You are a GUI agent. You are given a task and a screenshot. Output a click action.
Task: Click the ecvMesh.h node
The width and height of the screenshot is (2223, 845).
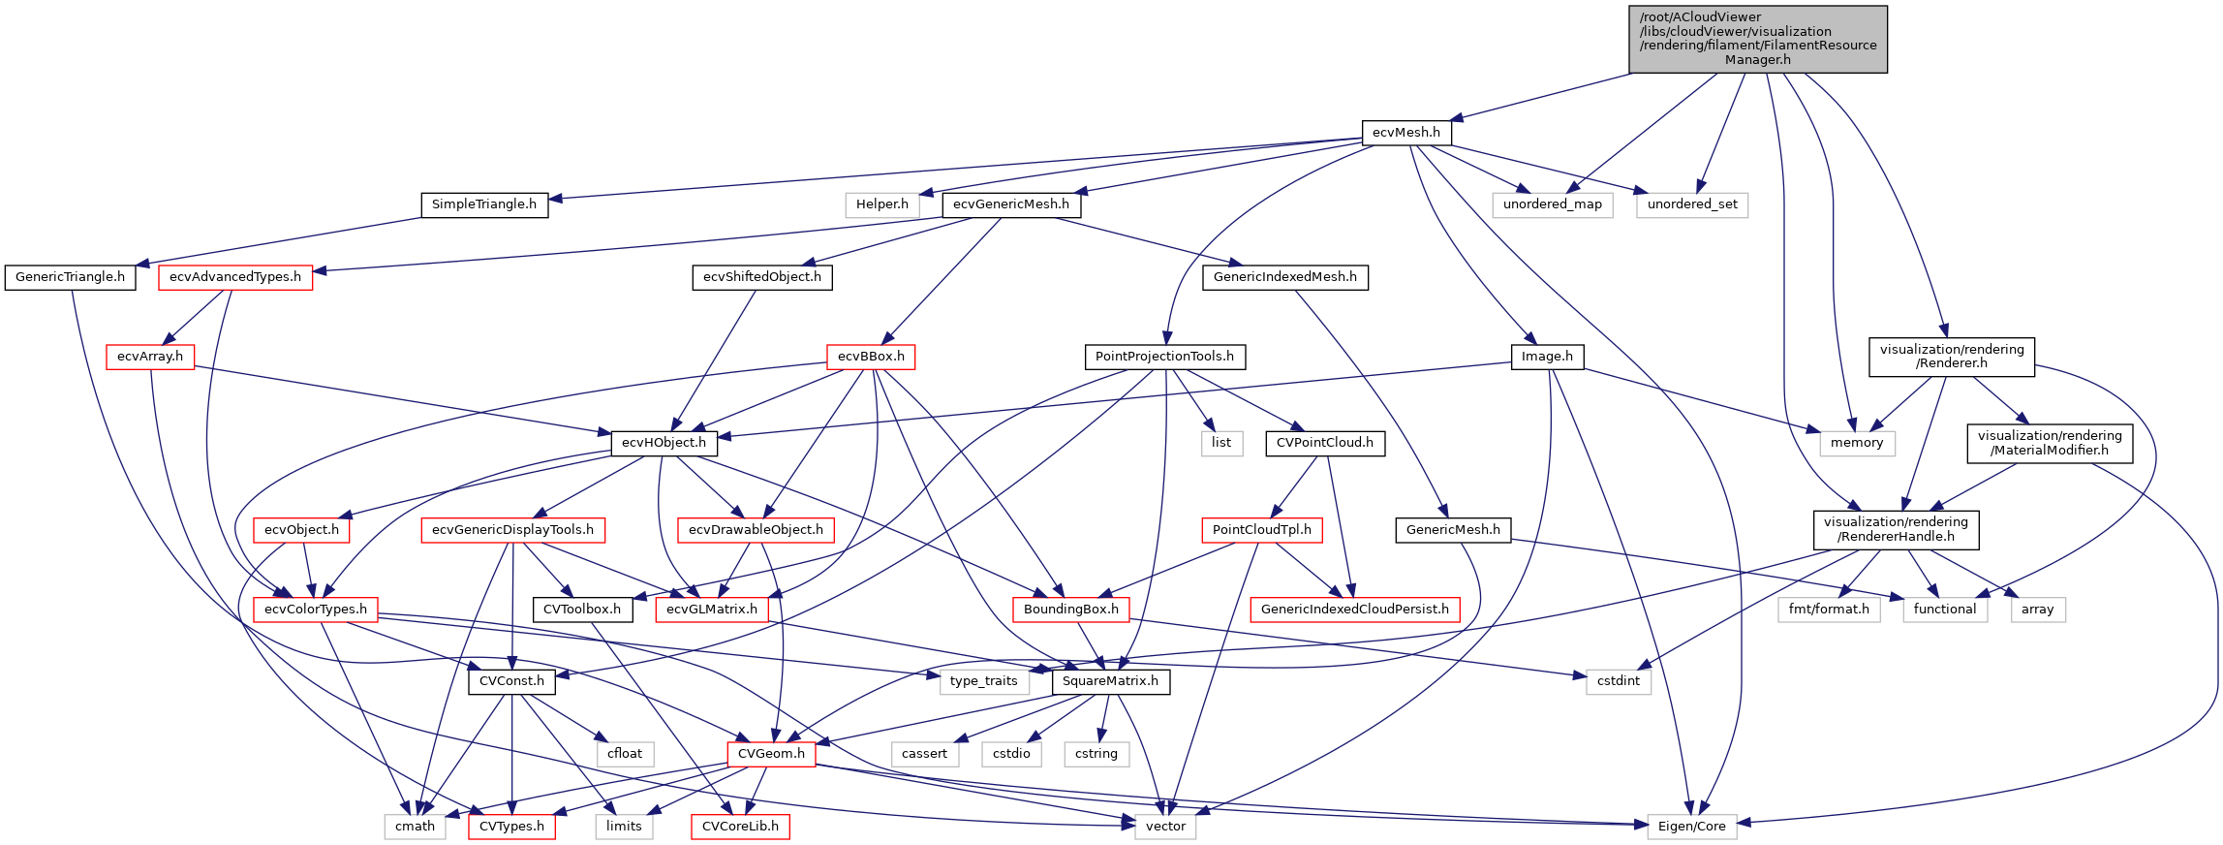click(1405, 133)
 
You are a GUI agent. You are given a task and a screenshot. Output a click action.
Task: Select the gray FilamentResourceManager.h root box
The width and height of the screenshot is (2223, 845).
click(1757, 39)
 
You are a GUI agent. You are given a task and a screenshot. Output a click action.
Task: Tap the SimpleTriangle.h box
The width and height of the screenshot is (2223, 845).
click(483, 204)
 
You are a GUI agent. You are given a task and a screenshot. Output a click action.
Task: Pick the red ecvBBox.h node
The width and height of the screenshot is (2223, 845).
click(871, 357)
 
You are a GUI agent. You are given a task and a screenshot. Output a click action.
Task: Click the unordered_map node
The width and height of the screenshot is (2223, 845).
click(1552, 204)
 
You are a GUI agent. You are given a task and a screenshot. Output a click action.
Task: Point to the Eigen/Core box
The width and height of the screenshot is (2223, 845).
click(1691, 827)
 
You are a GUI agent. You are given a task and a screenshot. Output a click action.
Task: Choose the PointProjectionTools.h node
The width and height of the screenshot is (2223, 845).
click(1164, 357)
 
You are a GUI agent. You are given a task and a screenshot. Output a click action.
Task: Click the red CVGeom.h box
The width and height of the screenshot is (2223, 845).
click(771, 754)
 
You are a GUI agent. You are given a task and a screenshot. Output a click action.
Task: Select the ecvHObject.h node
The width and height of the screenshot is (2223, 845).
click(664, 443)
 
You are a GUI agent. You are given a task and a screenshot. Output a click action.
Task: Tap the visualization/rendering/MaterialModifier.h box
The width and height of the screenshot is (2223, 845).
click(2049, 443)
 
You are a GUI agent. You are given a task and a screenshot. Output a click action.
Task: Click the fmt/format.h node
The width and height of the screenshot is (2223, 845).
click(1828, 610)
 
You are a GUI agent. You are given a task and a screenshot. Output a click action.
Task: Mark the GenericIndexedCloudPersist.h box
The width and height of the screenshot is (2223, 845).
click(1354, 610)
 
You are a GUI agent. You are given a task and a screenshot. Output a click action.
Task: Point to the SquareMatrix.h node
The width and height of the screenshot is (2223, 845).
click(1110, 681)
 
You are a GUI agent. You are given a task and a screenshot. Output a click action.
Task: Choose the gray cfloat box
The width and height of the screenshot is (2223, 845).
click(625, 754)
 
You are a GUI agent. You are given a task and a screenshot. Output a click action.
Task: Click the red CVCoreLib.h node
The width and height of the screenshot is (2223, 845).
click(740, 827)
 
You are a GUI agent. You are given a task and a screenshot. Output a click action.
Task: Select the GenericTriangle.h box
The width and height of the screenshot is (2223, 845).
click(70, 277)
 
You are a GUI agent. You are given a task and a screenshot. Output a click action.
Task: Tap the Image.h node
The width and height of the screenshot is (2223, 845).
click(1547, 357)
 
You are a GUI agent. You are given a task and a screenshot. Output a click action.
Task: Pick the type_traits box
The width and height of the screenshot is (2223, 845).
click(983, 681)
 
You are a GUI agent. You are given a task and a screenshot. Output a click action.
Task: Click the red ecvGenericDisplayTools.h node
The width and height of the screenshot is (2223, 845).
click(512, 530)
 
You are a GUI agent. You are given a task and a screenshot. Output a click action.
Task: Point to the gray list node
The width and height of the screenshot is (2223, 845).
click(1220, 443)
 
